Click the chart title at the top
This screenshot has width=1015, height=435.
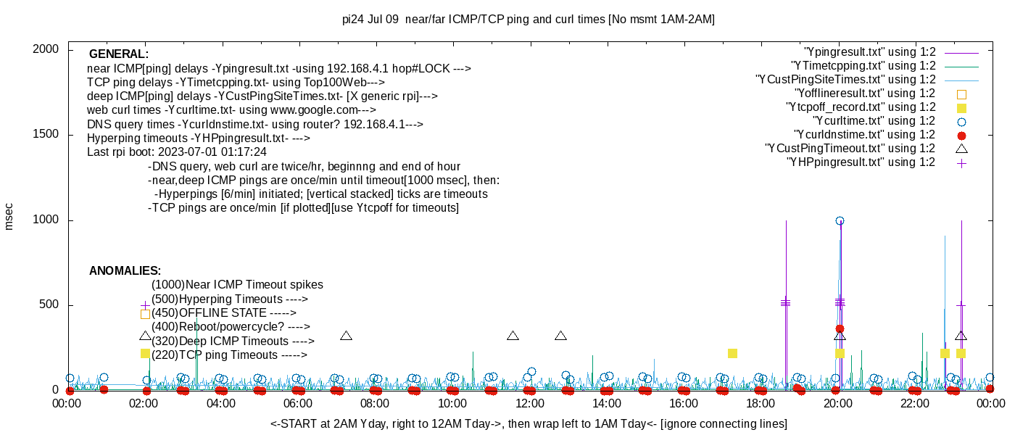(x=529, y=20)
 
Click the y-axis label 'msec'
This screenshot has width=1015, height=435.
(x=8, y=217)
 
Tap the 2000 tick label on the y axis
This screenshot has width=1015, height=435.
(x=46, y=49)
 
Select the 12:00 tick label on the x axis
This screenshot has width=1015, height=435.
(x=530, y=403)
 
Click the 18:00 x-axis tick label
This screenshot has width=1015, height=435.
(x=761, y=403)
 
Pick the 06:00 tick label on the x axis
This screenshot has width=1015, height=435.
(x=298, y=403)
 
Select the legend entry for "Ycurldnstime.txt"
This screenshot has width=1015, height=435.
(x=879, y=135)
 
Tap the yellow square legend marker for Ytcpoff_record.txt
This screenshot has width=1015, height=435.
(x=961, y=108)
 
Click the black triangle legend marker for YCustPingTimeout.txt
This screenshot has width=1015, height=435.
(x=961, y=149)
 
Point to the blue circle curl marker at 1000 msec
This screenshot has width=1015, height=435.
(x=840, y=220)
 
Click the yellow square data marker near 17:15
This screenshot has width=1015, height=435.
(x=732, y=354)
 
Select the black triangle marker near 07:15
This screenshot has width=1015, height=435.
(x=347, y=336)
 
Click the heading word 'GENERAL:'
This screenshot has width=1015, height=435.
(x=119, y=54)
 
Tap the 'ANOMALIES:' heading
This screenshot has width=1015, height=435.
(x=125, y=271)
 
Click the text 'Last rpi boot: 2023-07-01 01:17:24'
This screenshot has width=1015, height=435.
(x=177, y=152)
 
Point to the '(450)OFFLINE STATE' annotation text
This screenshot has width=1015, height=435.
(x=209, y=313)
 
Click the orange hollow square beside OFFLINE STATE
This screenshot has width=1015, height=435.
(x=145, y=314)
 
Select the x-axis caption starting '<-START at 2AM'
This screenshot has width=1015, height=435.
(x=529, y=423)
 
